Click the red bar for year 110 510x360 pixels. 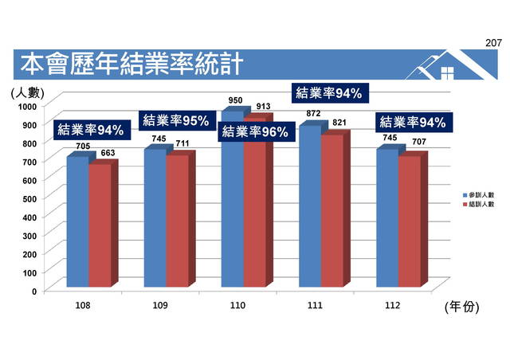pyautogui.click(x=253, y=215)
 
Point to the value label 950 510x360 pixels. pyautogui.click(x=235, y=101)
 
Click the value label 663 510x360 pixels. pyautogui.click(x=107, y=153)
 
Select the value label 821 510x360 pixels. pyautogui.click(x=339, y=123)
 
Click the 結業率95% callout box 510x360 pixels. pyautogui.click(x=175, y=120)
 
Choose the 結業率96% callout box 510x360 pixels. pyautogui.click(x=254, y=132)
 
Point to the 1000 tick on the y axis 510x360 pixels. pyautogui.click(x=28, y=106)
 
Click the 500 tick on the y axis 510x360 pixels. pyautogui.click(x=30, y=198)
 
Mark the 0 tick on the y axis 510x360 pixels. pyautogui.click(x=34, y=291)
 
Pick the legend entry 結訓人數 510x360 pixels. pyautogui.click(x=481, y=205)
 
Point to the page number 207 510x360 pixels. pyautogui.click(x=494, y=41)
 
